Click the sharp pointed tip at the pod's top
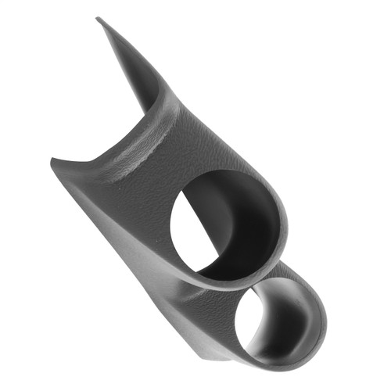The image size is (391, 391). tap(99, 19)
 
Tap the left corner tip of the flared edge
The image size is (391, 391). tap(52, 161)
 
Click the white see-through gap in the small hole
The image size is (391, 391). tap(249, 328)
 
